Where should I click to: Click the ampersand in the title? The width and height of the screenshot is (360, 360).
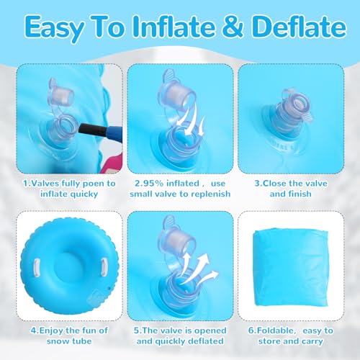point(233,27)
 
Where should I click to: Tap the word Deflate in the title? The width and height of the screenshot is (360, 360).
point(299,26)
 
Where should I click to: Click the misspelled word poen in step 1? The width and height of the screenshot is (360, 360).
point(92,184)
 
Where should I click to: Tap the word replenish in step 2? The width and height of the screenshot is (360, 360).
point(210,194)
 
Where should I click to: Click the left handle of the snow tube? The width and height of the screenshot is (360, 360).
point(37,268)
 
